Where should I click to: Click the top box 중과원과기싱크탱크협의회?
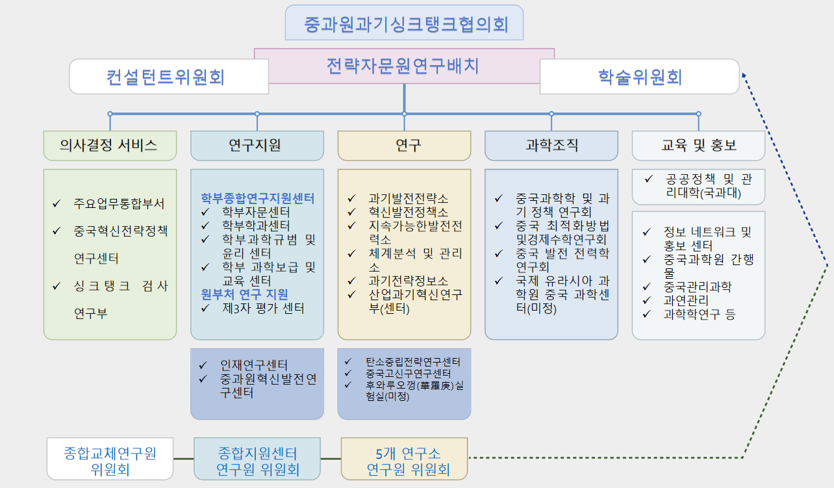coord(404,23)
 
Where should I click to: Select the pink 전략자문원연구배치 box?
coord(404,65)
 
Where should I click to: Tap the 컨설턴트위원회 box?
coord(168,77)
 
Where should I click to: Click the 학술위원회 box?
coord(639,77)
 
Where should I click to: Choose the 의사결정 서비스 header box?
coord(110,146)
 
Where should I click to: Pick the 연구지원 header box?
coord(257,146)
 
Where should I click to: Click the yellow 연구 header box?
coord(404,146)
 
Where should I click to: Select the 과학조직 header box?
coord(551,146)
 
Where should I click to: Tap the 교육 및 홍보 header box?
coord(698,146)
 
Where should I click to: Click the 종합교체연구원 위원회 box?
coord(110,460)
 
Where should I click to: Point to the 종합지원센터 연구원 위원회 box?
coord(257,460)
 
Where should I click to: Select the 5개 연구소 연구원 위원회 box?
coord(404,460)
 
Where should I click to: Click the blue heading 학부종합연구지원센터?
coord(258,198)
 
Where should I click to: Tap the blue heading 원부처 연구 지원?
coord(245,294)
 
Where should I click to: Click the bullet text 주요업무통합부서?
coord(119,203)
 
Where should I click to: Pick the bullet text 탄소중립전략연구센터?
coord(412,361)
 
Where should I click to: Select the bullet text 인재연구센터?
coord(254,365)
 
